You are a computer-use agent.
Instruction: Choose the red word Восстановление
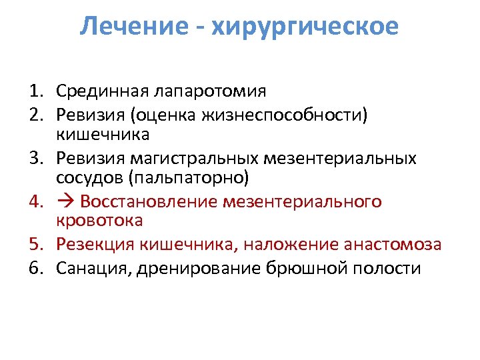coord(149,201)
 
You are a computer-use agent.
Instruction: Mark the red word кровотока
coord(99,220)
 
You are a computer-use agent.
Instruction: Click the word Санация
coord(87,269)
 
